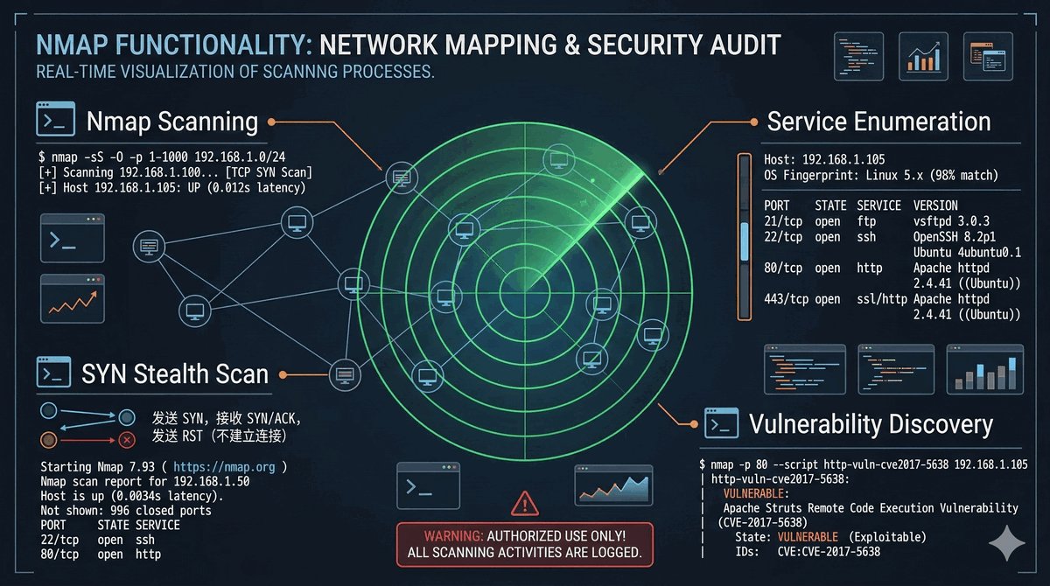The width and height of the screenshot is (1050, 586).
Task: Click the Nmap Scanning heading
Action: [x=172, y=122]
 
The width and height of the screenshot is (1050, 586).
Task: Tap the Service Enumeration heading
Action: [x=878, y=122]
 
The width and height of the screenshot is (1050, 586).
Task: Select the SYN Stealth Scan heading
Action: [x=175, y=373]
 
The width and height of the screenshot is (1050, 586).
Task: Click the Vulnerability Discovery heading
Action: [x=871, y=425]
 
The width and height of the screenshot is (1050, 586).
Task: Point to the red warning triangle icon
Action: [x=524, y=503]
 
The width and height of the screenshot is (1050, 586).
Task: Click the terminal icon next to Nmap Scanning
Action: [x=54, y=121]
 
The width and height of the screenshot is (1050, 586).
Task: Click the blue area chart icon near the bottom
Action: [x=612, y=485]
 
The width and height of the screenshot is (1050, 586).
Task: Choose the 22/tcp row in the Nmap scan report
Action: [x=101, y=540]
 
